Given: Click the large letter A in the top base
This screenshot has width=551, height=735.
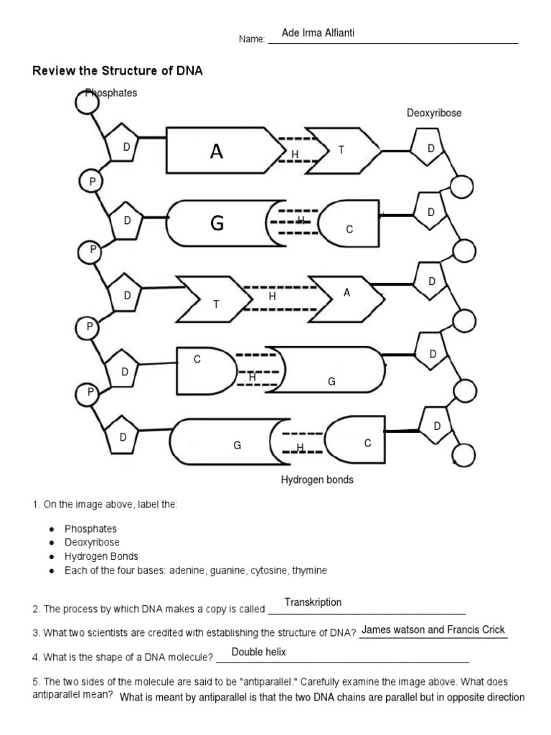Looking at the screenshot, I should click(216, 151).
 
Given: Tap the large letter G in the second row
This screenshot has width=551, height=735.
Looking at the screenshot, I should click(217, 224).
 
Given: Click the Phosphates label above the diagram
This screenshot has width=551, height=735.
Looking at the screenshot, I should click(111, 93).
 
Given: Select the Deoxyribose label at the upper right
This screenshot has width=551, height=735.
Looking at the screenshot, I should click(434, 113).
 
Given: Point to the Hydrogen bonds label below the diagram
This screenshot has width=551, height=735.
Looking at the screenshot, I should click(316, 479).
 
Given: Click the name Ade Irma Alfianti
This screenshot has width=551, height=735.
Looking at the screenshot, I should click(318, 34).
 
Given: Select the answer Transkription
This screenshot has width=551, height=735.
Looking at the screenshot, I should click(313, 602).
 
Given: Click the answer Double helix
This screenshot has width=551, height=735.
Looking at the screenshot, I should click(258, 652).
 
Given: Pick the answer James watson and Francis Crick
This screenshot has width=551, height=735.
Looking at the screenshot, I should click(433, 630).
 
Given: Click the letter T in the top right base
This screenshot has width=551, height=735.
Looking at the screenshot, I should click(342, 150).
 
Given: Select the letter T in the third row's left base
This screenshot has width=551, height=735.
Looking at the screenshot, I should click(215, 304).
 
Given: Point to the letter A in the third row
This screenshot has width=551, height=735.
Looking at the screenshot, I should click(347, 293).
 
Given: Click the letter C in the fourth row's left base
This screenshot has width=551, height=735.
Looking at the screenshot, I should click(197, 360).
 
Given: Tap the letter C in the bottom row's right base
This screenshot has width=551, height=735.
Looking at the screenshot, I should click(367, 444).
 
